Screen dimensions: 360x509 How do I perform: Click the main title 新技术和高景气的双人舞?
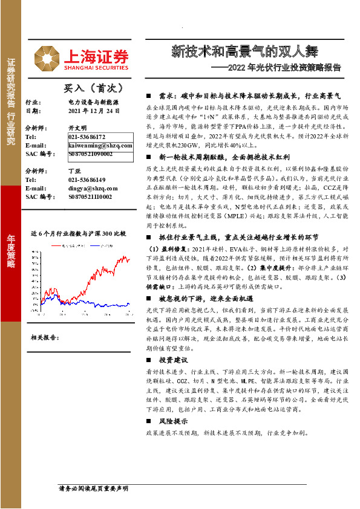point(243,51)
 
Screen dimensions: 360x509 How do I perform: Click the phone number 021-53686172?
point(86,137)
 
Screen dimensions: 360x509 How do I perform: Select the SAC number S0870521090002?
point(90,154)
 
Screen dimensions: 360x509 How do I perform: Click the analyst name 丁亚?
point(74,171)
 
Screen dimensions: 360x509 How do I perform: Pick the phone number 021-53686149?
point(86,180)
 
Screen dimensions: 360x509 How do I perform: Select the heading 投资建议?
point(175,358)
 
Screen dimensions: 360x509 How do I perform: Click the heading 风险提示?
point(175,421)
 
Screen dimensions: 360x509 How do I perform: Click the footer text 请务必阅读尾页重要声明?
point(92,488)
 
